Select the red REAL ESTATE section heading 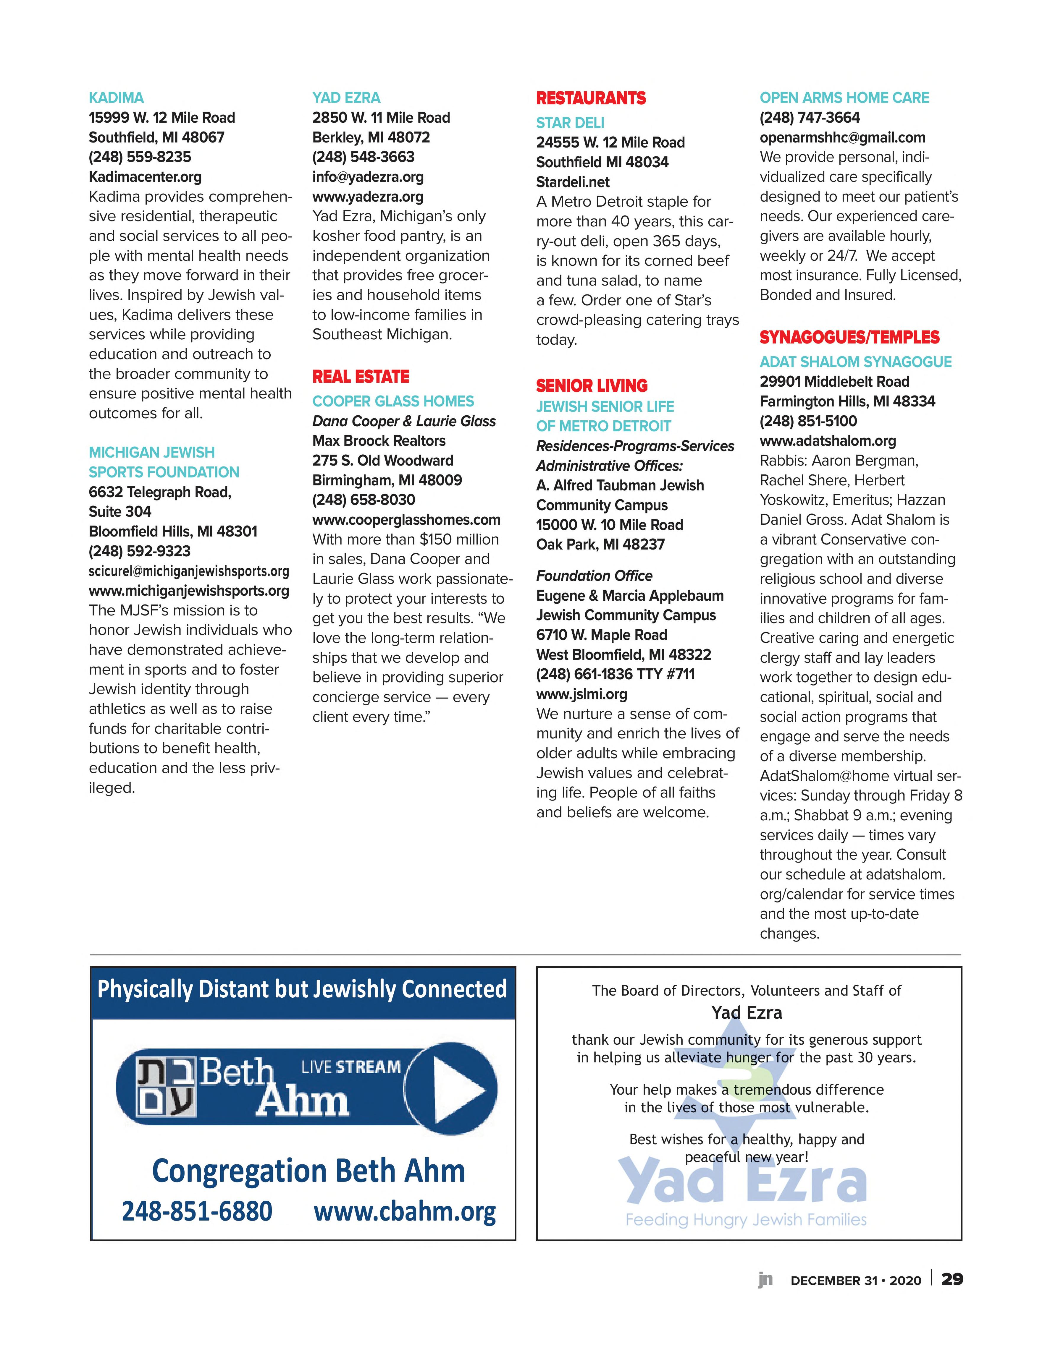pos(361,376)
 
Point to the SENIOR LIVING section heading pos(592,385)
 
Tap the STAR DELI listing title pos(570,123)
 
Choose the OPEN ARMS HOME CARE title pos(844,98)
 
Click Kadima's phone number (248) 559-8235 pos(140,157)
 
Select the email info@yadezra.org pos(368,177)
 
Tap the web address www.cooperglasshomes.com pos(406,520)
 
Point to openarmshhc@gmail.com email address pos(842,137)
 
